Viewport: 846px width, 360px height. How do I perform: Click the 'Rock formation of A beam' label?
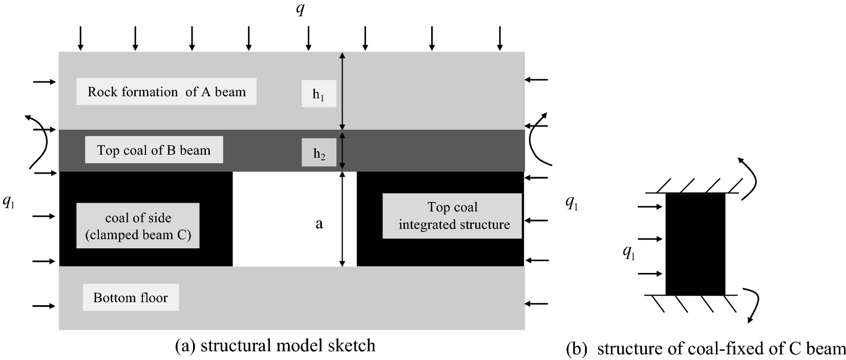click(166, 92)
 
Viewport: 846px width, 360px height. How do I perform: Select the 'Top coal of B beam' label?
click(154, 150)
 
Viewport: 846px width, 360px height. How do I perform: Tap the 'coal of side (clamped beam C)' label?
click(138, 226)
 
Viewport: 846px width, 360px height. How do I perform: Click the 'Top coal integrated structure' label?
click(453, 216)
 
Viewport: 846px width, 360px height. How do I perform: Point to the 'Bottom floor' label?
click(131, 298)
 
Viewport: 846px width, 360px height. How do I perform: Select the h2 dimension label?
click(319, 153)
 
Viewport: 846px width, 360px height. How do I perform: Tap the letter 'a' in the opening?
click(319, 224)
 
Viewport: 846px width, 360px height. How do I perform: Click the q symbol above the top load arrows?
click(301, 9)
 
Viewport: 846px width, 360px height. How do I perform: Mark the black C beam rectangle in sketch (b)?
click(695, 244)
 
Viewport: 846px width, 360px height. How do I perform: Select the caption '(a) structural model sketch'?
click(275, 346)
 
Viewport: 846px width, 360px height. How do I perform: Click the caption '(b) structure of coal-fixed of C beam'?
click(705, 349)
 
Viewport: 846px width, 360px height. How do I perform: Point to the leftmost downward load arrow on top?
click(80, 38)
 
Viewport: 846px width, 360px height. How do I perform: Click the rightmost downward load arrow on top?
click(499, 38)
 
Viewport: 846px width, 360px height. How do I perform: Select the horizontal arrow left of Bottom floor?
click(44, 306)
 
